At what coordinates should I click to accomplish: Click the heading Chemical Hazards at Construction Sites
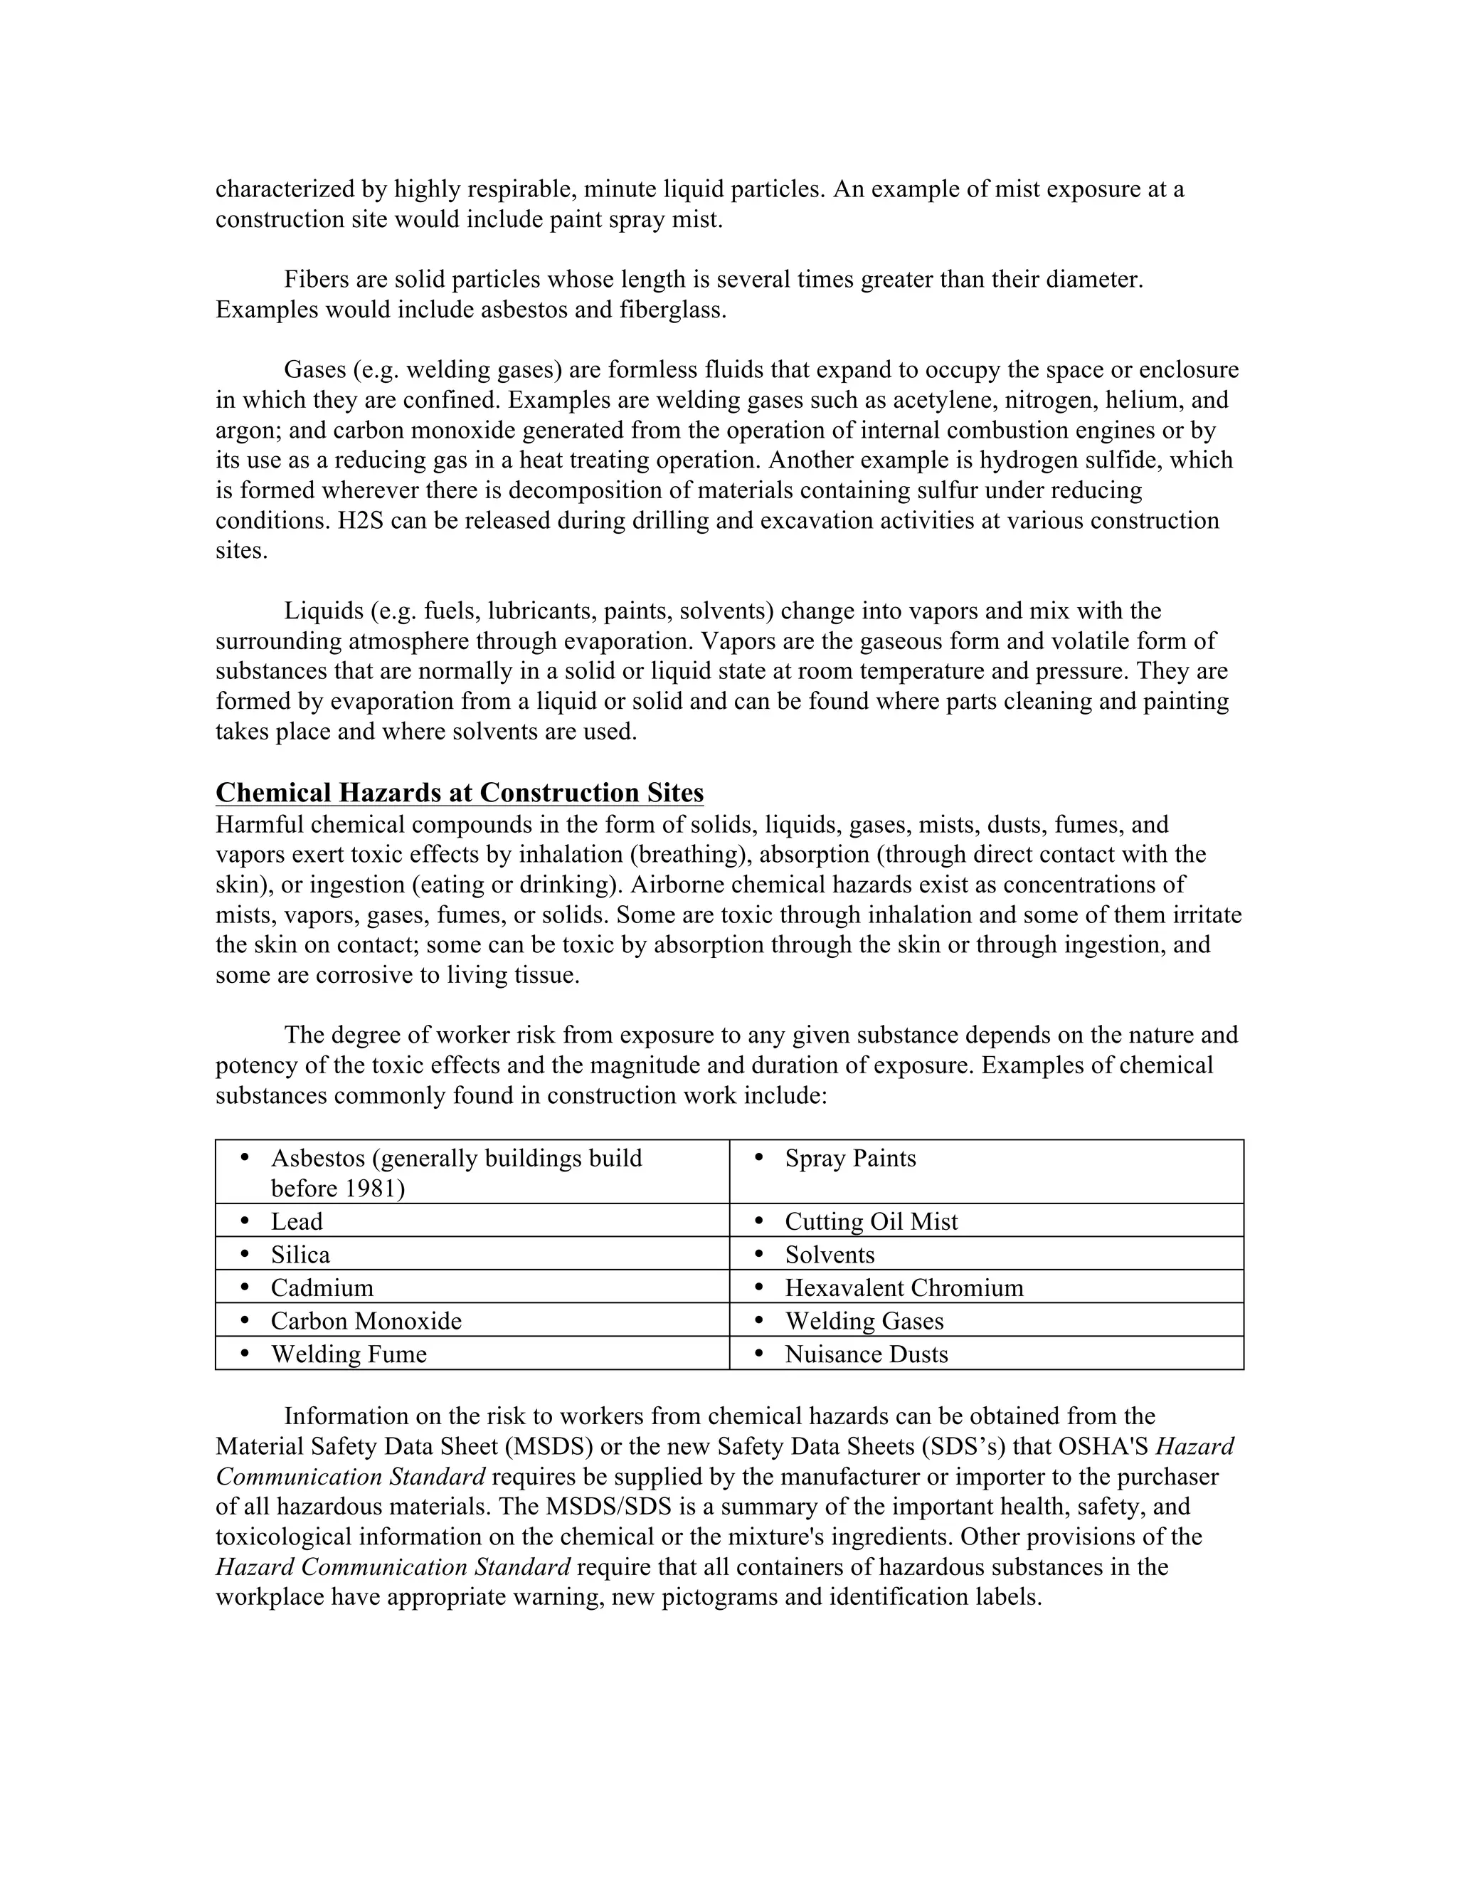pyautogui.click(x=459, y=793)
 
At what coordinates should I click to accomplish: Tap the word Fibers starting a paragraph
pyautogui.click(x=317, y=280)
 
